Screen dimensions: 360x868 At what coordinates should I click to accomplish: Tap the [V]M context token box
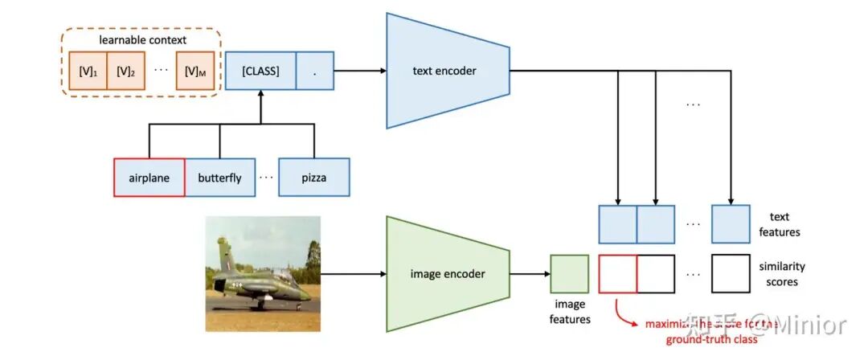tap(196, 72)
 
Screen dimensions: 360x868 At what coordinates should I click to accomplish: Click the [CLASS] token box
tap(260, 72)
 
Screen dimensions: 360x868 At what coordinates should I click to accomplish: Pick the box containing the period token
tap(315, 72)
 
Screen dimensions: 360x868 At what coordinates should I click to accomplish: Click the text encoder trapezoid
tap(447, 71)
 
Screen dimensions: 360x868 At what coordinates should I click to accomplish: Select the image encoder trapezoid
tap(447, 274)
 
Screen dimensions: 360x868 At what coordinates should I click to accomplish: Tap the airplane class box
tap(149, 178)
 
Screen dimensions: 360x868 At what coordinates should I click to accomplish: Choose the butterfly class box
tap(219, 178)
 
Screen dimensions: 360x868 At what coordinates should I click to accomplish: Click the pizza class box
tap(313, 178)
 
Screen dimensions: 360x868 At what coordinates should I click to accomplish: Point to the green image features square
tap(570, 274)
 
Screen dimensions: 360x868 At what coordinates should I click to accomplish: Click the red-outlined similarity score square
tap(618, 274)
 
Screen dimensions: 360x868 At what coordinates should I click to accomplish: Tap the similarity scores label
tap(781, 274)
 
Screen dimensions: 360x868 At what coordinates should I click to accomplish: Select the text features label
tap(779, 224)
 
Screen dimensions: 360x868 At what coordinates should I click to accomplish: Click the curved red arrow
tap(621, 312)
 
